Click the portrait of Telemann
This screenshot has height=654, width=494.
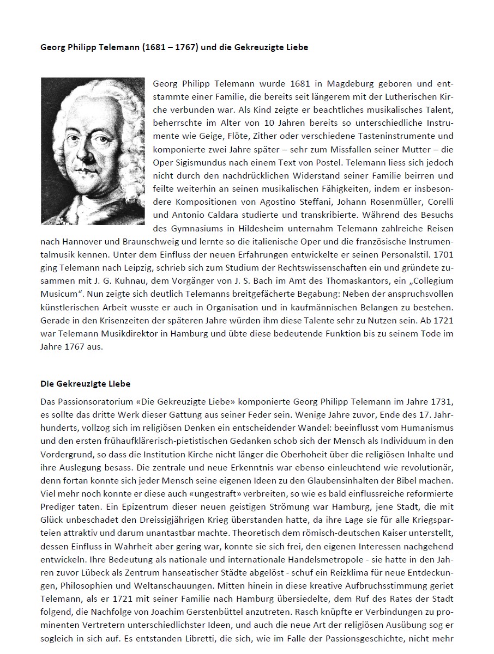(93, 151)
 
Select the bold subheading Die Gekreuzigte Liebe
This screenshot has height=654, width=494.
(86, 383)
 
